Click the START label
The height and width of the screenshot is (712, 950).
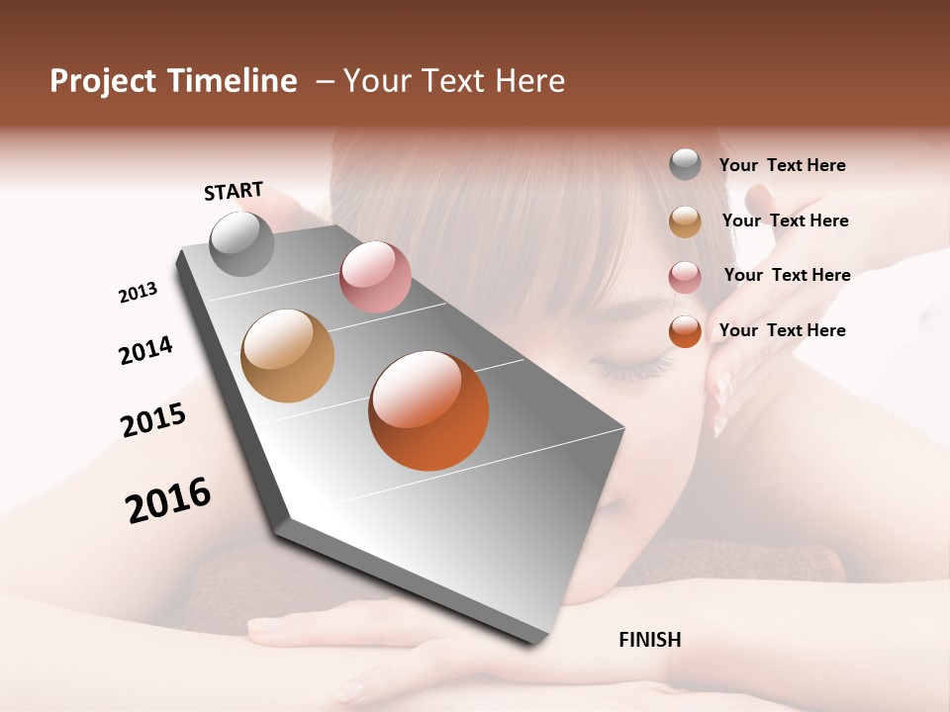click(234, 191)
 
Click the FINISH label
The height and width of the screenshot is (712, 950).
click(649, 640)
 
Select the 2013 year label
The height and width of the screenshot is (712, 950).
click(138, 293)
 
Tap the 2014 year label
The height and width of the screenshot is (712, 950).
click(145, 350)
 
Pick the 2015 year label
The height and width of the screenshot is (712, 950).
click(153, 420)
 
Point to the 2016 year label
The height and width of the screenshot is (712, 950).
click(168, 499)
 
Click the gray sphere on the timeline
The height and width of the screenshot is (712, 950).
click(241, 243)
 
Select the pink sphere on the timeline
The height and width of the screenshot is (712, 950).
click(375, 277)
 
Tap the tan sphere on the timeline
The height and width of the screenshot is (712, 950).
click(287, 356)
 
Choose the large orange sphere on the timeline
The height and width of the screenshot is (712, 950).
click(428, 410)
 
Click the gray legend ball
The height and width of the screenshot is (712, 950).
click(685, 164)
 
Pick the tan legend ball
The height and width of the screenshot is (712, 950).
click(685, 222)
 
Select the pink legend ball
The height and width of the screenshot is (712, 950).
click(685, 277)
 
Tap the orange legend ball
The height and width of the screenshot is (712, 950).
click(685, 331)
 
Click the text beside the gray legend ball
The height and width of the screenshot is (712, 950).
click(782, 165)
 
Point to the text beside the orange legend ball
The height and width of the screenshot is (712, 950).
click(782, 330)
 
